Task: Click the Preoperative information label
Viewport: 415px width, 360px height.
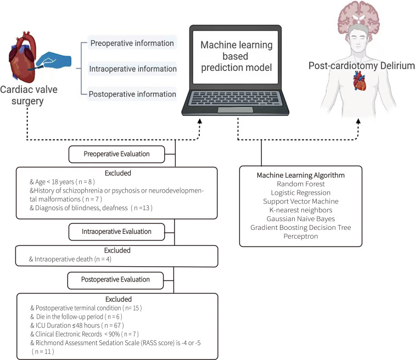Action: click(x=131, y=43)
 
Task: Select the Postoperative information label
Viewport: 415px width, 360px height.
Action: click(x=132, y=94)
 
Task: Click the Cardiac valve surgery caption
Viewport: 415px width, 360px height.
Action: click(x=36, y=96)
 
